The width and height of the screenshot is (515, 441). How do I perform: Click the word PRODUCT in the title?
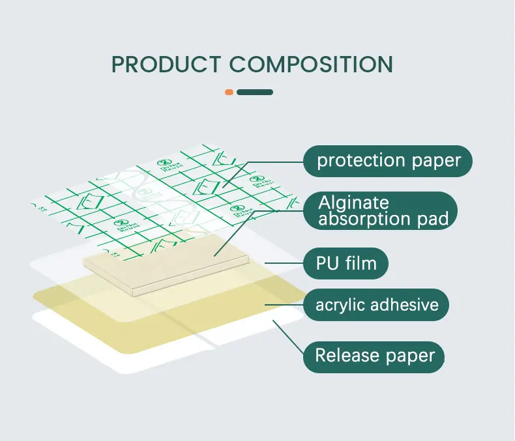tap(166, 64)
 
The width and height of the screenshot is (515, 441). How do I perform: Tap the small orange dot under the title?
tap(229, 92)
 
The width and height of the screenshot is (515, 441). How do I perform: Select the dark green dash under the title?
tap(254, 92)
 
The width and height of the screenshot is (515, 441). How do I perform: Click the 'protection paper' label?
tap(389, 160)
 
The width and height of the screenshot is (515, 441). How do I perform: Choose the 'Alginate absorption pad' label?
tap(383, 210)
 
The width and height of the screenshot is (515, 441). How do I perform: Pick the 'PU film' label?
tap(347, 264)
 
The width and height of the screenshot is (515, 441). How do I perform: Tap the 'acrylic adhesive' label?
tap(377, 304)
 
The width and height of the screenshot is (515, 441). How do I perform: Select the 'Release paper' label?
tap(374, 356)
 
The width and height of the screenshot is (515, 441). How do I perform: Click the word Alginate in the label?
tap(354, 203)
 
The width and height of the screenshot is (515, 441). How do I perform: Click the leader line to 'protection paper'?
tap(274, 162)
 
